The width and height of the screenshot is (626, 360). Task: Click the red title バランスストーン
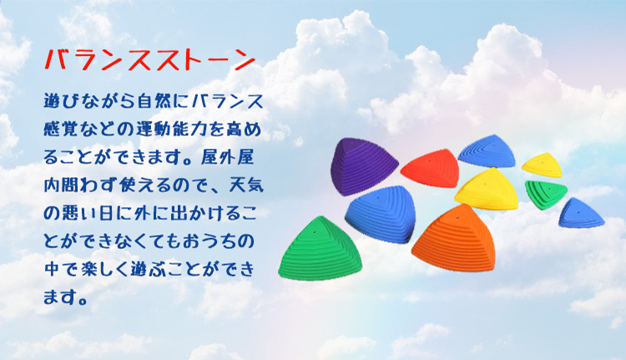(x=149, y=60)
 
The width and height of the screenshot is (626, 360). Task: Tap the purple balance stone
(x=362, y=166)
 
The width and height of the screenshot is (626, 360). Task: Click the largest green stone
(x=321, y=249)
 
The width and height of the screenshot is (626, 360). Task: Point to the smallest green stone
(x=545, y=194)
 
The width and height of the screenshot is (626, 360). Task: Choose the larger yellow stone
(x=487, y=189)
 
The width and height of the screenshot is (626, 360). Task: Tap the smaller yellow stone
(x=543, y=165)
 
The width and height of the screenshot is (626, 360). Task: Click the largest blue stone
(x=381, y=214)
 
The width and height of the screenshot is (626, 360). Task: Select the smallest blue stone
(x=580, y=213)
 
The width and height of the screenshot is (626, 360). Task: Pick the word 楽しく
(x=97, y=269)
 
